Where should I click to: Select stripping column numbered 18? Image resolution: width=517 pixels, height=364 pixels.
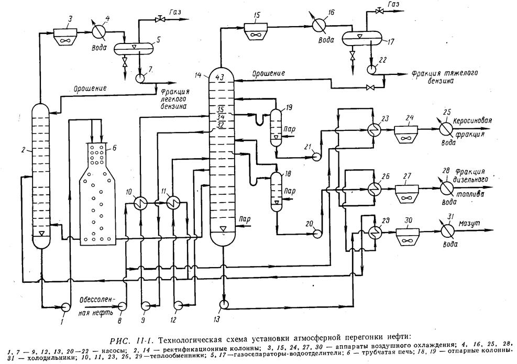[x=276, y=191]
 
